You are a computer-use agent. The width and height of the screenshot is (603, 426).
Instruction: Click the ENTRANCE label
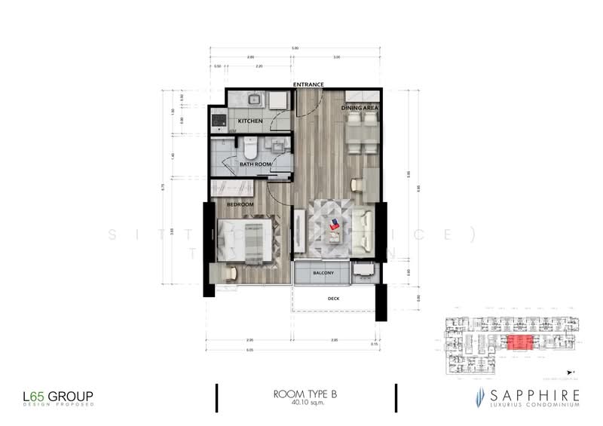pos(308,84)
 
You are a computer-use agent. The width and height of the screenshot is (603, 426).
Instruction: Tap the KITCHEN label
pos(250,121)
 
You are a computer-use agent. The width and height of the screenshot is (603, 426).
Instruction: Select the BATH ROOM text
pos(255,162)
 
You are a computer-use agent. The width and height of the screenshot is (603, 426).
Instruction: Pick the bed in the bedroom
pos(243,240)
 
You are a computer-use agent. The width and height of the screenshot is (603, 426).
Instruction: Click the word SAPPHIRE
pos(531,394)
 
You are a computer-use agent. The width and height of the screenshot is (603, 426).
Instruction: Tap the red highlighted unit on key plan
pos(519,343)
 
